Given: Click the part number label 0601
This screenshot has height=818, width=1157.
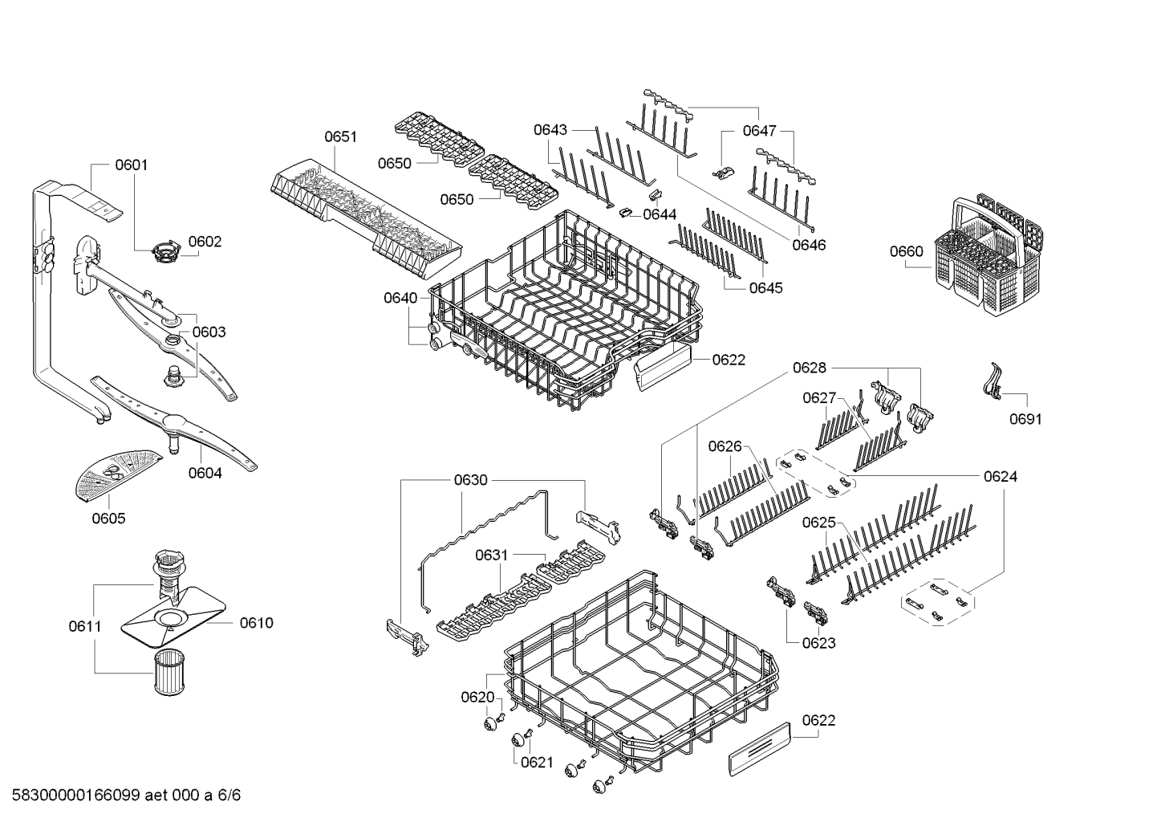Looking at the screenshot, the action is [132, 165].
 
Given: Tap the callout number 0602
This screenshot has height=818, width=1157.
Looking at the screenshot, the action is [205, 242].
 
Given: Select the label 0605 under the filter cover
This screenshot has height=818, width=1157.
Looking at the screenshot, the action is [108, 518].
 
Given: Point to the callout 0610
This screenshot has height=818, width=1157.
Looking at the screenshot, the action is [256, 623].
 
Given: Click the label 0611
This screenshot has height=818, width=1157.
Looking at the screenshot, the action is [85, 626].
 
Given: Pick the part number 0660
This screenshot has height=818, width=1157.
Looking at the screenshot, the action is [906, 251].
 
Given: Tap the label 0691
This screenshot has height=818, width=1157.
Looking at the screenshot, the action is [1025, 418].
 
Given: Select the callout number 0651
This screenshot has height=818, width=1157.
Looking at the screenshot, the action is [340, 136].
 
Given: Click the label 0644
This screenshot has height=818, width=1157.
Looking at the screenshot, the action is [660, 214].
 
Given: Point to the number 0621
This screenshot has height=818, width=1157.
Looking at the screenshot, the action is [537, 762].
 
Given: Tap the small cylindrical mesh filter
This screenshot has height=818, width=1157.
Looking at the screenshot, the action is [169, 672].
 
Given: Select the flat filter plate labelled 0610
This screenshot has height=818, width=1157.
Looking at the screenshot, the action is [173, 617].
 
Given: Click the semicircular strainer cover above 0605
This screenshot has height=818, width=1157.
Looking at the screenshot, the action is [119, 475].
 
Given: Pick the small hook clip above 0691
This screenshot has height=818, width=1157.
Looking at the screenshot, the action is [993, 382].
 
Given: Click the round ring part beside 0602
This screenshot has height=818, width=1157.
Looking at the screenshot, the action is [166, 252].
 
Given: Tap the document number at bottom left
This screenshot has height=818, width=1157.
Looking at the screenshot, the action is [126, 795].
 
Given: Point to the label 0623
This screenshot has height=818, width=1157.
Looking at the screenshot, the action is [818, 643].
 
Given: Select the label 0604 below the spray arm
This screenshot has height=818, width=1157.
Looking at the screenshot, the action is [205, 473].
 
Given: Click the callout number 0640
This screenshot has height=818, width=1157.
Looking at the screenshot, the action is [400, 298].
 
